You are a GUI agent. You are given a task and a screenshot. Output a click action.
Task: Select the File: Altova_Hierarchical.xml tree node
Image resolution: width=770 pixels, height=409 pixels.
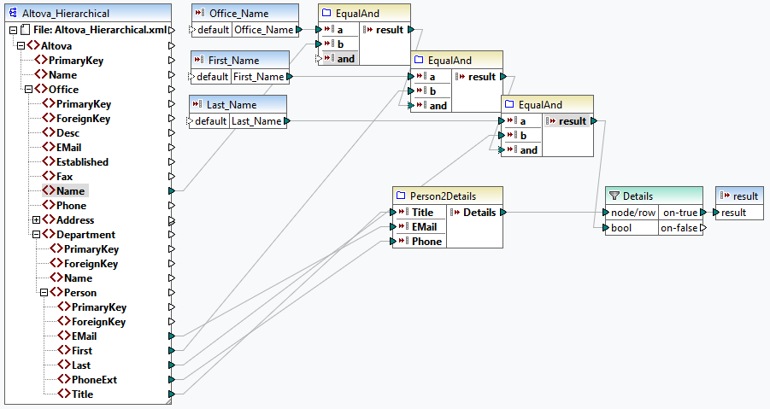99,31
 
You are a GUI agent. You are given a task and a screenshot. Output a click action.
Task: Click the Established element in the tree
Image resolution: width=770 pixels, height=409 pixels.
82,161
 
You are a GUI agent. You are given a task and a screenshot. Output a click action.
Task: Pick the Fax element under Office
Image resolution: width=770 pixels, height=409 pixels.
64,176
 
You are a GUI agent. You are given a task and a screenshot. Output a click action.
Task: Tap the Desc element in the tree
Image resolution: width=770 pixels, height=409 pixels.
68,132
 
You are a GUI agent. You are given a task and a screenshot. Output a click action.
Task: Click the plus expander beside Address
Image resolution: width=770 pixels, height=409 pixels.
35,220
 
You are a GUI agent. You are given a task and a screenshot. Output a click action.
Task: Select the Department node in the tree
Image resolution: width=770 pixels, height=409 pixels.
85,235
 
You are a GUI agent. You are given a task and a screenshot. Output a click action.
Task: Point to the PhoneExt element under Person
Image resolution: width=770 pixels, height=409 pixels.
94,380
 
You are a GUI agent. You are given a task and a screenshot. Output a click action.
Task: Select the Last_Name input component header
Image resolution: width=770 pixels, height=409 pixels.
232,104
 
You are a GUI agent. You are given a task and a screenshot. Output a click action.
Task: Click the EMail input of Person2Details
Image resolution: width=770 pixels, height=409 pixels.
425,227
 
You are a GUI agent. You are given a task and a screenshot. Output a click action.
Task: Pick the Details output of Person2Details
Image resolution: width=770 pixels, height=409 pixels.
479,213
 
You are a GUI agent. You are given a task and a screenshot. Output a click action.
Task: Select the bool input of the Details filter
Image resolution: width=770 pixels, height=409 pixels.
622,228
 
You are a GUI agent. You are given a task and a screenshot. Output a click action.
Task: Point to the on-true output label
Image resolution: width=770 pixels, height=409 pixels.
680,213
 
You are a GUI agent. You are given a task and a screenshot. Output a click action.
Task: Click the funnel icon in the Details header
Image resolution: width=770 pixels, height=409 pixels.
614,196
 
